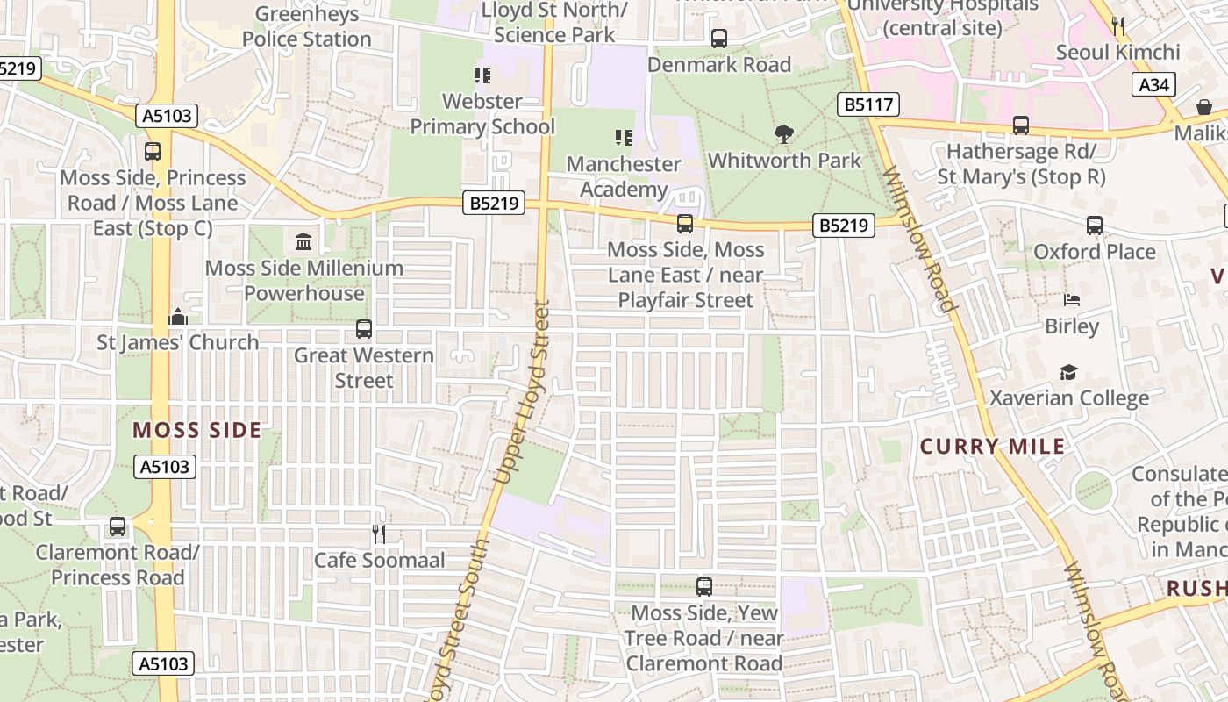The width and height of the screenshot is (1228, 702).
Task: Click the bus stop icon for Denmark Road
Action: [719, 39]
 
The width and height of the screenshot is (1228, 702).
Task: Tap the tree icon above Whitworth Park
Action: [784, 134]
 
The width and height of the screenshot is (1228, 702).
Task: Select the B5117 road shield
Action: [868, 105]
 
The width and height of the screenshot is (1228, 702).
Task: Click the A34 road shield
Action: [1153, 85]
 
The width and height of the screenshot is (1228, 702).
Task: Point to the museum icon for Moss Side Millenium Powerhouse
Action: [303, 241]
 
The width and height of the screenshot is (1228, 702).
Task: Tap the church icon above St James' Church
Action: [178, 316]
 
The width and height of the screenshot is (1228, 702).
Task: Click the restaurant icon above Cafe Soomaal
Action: [379, 534]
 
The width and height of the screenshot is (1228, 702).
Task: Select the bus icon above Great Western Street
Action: [364, 329]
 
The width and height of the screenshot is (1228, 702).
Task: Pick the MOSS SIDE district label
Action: [197, 430]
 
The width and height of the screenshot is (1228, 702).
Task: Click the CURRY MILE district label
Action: [992, 447]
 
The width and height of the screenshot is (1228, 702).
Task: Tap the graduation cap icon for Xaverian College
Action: [1068, 373]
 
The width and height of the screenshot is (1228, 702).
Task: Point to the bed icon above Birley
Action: [1071, 300]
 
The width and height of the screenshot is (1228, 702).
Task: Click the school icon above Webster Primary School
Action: [482, 75]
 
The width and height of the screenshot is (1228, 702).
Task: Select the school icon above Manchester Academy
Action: [623, 138]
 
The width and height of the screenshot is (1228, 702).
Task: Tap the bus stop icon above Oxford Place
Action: [1094, 226]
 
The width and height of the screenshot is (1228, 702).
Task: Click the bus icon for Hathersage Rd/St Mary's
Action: [1021, 125]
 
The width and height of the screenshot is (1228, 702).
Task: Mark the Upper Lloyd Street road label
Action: [523, 392]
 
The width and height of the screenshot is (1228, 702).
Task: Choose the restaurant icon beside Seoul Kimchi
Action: [1118, 26]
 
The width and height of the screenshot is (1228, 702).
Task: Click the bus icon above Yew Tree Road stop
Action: [703, 587]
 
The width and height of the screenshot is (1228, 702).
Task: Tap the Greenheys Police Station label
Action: [307, 26]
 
